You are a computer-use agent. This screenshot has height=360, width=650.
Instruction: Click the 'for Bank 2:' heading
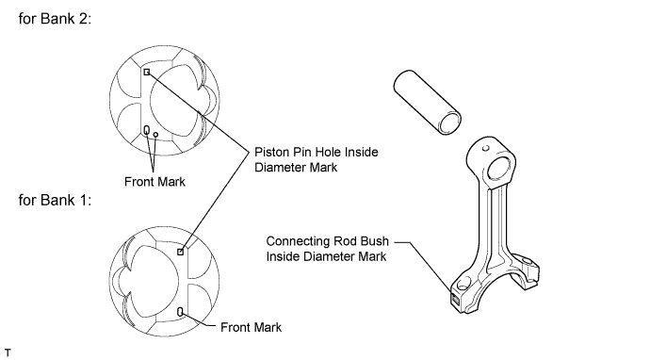coord(55,19)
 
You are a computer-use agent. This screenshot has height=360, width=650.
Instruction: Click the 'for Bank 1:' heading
coord(55,201)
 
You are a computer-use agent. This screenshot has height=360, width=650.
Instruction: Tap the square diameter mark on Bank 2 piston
coord(147,73)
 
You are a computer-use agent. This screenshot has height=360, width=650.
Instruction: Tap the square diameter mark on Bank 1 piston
coord(180,252)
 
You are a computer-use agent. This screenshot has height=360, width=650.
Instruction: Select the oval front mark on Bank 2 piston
coord(146,131)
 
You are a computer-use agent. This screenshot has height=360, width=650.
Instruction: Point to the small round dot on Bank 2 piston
coord(155,135)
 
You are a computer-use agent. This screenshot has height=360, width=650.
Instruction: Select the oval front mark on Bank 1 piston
coord(180,312)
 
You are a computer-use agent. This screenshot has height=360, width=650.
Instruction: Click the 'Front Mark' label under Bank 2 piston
coord(155,182)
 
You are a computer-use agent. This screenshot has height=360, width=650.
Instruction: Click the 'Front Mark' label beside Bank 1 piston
coord(251,327)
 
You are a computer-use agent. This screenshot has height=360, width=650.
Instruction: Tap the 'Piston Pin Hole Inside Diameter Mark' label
coord(316,159)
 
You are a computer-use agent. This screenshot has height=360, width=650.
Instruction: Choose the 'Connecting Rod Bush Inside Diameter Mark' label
coord(328,249)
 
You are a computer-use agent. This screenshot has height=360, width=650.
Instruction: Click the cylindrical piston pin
coord(427,102)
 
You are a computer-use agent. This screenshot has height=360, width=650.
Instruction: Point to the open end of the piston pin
coord(450,123)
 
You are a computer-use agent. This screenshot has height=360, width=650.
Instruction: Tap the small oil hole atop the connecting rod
coord(486,148)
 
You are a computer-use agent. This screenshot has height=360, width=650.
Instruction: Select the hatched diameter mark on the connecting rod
coord(455,299)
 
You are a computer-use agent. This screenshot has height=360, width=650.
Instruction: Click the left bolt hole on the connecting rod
coord(464,284)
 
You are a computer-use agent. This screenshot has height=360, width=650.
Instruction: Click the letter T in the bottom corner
coord(8,353)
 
